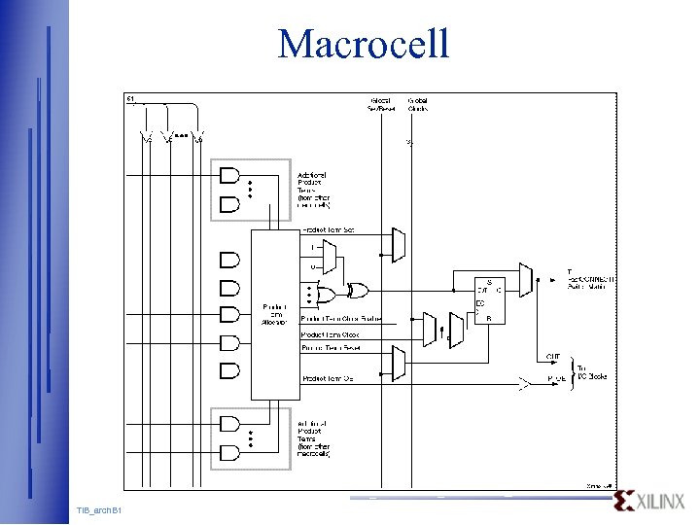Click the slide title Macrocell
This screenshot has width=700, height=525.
364,44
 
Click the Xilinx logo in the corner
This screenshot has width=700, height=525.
650,502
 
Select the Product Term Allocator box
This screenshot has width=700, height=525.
275,314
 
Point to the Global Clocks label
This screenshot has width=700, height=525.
418,104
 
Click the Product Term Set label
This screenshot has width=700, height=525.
329,229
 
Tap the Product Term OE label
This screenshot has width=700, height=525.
328,378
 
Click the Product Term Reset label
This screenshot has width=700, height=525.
332,347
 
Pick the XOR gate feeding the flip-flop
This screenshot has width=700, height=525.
359,291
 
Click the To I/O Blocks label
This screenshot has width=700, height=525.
592,371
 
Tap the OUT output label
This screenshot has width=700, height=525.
553,356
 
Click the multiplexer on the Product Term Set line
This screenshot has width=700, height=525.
397,245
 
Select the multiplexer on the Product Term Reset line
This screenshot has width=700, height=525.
397,364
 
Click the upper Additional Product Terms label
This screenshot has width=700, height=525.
313,190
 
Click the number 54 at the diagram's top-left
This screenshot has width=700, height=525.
130,98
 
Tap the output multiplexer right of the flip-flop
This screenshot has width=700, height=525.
525,280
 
